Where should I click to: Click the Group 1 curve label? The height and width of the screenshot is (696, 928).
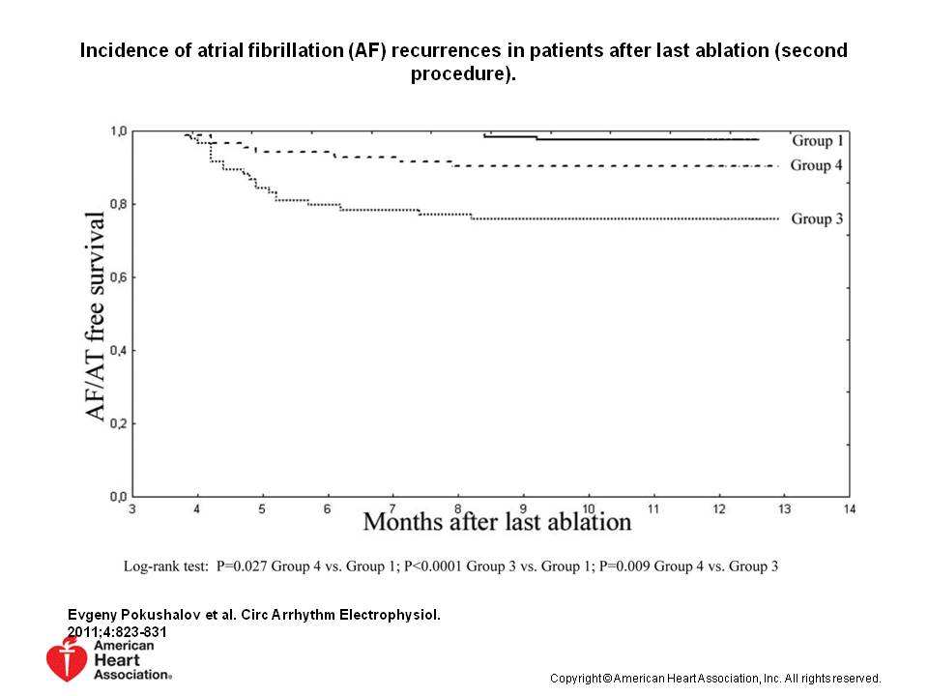coord(817,140)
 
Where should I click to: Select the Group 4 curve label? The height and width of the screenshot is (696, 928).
coord(817,165)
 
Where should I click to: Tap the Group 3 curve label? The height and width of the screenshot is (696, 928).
coord(817,218)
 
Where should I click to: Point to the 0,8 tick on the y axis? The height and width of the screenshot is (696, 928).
coord(116,204)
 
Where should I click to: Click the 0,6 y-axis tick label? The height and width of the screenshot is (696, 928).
coord(116,277)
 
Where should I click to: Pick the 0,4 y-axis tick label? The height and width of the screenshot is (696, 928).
coord(116,350)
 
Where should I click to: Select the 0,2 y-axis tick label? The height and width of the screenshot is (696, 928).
coord(116,423)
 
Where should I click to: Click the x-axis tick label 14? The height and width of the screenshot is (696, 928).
coord(849,507)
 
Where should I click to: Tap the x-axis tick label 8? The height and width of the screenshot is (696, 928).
coord(458,507)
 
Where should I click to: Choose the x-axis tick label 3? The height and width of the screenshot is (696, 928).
coord(132,507)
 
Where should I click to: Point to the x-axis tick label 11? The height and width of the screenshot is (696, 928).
coord(653,507)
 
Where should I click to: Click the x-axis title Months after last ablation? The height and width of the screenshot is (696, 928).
coord(497,523)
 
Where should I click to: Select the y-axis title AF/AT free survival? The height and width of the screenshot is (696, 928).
coord(96,314)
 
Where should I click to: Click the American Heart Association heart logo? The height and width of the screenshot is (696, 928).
coord(67,657)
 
